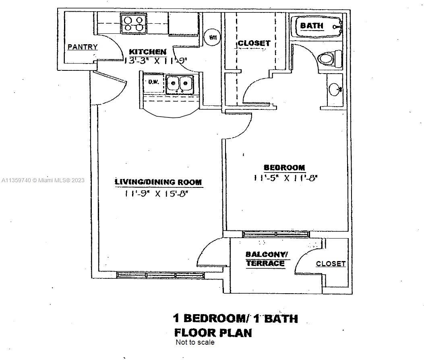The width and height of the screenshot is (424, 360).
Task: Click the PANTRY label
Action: [82, 47]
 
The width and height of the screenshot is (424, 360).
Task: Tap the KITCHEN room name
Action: [147, 52]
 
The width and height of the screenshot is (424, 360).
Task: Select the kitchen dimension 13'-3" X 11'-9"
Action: [156, 61]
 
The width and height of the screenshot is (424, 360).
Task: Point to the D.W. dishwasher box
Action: [153, 82]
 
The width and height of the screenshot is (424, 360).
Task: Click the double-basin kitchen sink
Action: [180, 84]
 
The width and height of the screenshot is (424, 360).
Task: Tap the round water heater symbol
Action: [213, 37]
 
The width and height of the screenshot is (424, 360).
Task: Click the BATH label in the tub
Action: [312, 26]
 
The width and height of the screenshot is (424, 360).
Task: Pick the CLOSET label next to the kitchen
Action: [254, 43]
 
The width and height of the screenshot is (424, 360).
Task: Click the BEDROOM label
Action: [284, 167]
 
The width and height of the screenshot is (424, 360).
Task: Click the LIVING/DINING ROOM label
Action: [158, 182]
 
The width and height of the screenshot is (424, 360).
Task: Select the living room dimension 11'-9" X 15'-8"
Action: [157, 193]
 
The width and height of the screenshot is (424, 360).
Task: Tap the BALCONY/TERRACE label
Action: [266, 259]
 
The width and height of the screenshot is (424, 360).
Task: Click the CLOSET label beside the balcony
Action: [331, 264]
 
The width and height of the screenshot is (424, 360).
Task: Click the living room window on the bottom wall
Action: [161, 276]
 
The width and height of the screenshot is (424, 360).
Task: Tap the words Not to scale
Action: [195, 343]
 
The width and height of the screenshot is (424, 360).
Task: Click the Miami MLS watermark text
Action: [43, 180]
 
